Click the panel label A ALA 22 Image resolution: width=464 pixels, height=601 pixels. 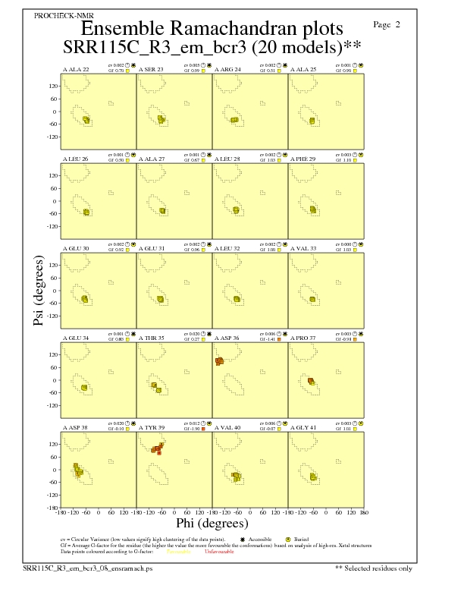(76, 70)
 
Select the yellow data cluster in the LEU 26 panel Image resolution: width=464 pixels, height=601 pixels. (86, 212)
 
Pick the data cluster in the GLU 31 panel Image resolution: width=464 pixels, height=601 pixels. (160, 299)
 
